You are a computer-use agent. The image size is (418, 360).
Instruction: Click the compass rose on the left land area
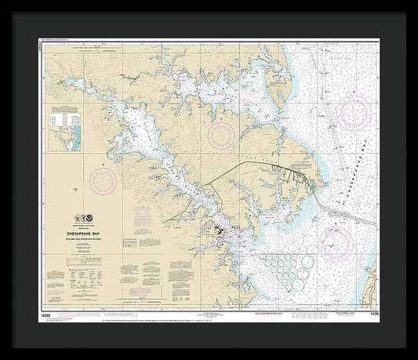point(102,181)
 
